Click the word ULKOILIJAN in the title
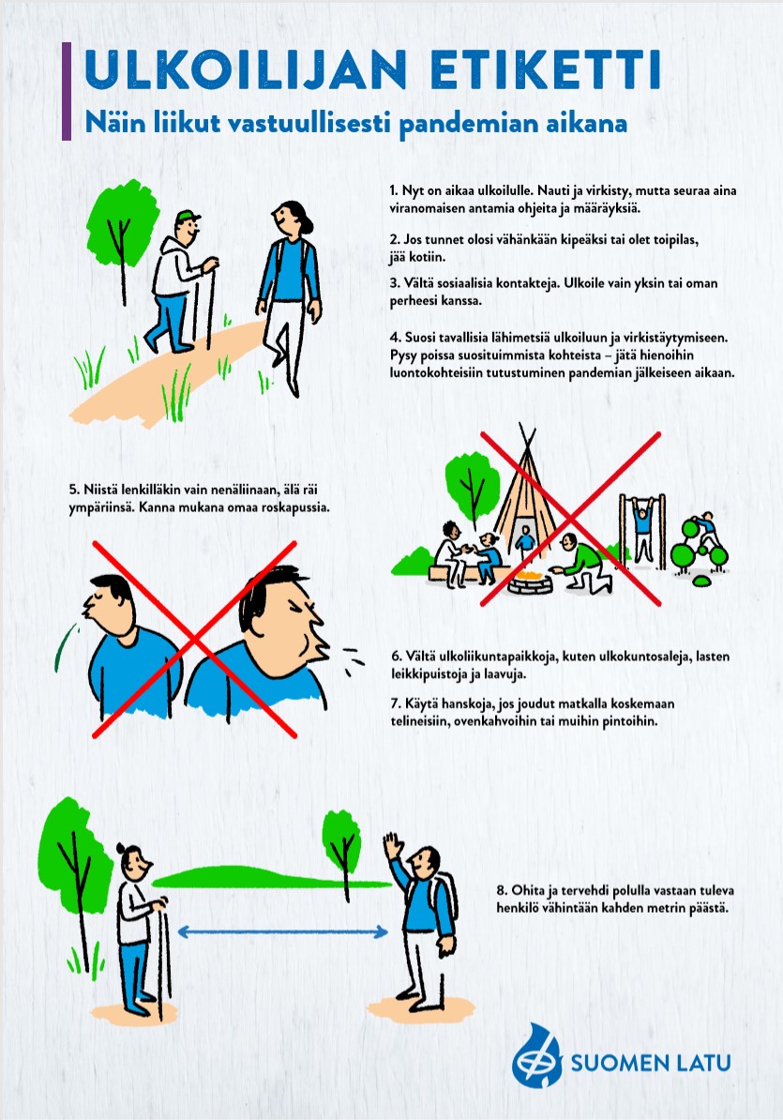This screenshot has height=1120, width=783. (x=246, y=69)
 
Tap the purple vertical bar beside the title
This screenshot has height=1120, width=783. (x=67, y=91)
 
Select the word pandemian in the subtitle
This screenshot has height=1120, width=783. (x=469, y=123)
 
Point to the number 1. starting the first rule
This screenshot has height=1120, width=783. (x=394, y=190)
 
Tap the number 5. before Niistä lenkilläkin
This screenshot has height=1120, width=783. (x=74, y=490)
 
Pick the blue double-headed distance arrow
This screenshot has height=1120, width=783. (x=282, y=931)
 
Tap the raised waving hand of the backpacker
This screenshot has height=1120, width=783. (x=393, y=845)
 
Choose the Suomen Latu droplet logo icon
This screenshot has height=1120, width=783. (x=536, y=1057)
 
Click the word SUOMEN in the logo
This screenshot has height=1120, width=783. (x=619, y=1063)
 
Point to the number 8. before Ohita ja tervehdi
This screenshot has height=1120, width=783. (x=502, y=891)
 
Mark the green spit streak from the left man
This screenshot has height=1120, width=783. (x=65, y=647)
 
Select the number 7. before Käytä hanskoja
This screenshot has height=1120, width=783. (x=396, y=704)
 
